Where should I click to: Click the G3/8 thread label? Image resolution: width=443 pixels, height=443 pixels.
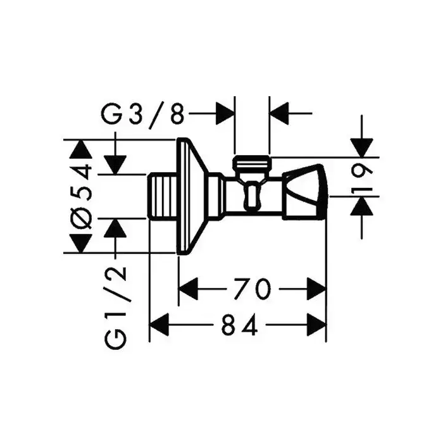coord(144,115)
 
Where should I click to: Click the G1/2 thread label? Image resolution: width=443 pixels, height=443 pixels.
coord(116,306)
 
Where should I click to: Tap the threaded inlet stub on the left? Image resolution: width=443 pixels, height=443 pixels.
coord(163,194)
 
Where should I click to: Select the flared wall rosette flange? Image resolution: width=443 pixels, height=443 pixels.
coord(192,196)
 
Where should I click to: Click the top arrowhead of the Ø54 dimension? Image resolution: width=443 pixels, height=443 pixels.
coord(80,149)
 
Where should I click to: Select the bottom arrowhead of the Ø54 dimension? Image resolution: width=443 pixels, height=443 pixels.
coord(80,242)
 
